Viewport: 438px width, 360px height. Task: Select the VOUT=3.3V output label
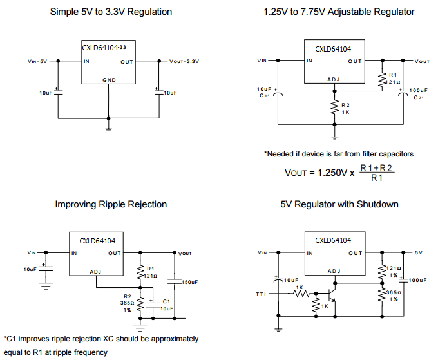tap(184, 62)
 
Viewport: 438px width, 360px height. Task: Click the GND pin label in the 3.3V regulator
tap(108, 81)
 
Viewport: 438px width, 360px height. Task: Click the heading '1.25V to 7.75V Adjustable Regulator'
tap(339, 12)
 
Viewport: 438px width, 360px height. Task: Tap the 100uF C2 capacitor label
tap(418, 93)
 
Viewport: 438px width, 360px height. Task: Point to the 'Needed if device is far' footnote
tap(339, 154)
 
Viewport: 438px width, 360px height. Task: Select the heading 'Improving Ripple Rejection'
tap(111, 204)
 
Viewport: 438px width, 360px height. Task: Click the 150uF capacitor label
tap(189, 282)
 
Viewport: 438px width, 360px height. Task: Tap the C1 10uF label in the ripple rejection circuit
tap(165, 305)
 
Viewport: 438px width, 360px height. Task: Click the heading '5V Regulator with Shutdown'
tap(339, 204)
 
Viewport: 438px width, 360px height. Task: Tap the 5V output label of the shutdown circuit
tap(418, 252)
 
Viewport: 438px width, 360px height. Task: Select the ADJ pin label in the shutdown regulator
tap(334, 271)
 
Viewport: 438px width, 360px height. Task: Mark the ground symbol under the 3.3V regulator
tap(108, 129)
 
